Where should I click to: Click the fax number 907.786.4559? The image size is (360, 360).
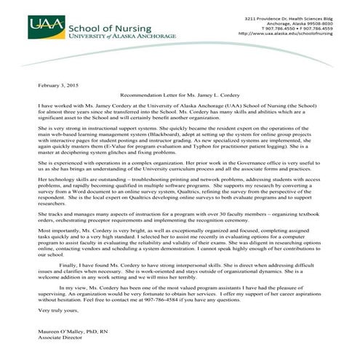point(316,28)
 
